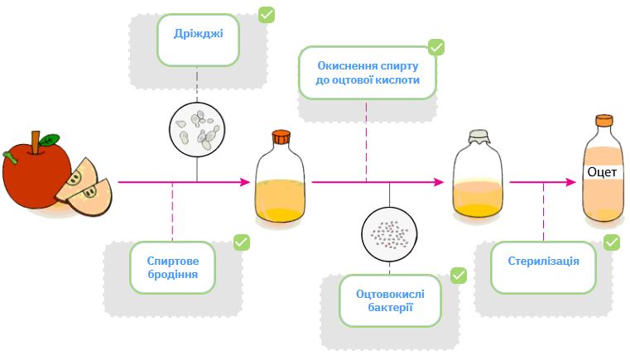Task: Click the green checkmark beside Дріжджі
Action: point(267,15)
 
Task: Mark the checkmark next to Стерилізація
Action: point(612,242)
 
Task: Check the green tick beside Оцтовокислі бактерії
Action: point(459,275)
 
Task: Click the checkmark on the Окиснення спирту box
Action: point(436,47)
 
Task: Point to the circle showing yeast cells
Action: point(197,128)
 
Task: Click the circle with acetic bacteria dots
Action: point(389,233)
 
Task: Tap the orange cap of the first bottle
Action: point(281,137)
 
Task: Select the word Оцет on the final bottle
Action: point(601,172)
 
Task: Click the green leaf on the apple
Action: point(50,140)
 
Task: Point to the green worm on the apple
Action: point(11,155)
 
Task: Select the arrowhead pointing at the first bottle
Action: point(245,181)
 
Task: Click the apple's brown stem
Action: point(36,140)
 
